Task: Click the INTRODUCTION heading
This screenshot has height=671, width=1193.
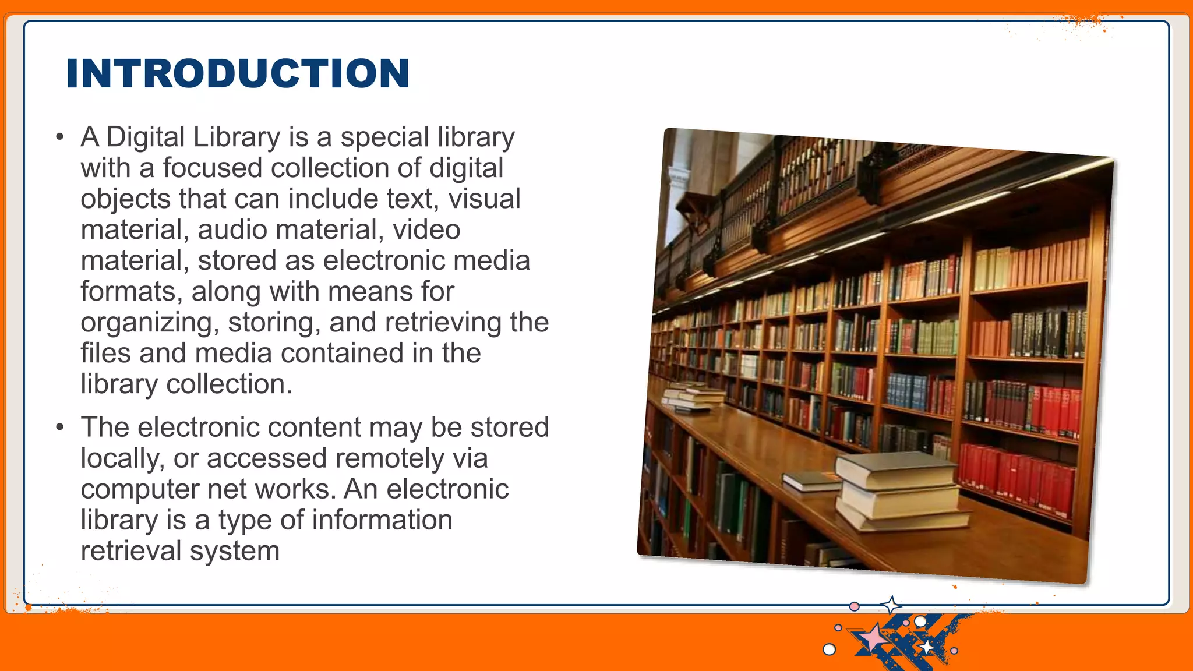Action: (x=238, y=73)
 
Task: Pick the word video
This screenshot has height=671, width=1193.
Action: (x=426, y=230)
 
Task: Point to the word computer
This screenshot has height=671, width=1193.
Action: (x=139, y=490)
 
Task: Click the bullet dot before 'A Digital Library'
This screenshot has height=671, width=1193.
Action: (x=59, y=138)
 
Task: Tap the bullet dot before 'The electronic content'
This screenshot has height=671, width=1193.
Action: (x=59, y=428)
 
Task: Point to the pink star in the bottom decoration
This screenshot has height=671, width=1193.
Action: (x=873, y=637)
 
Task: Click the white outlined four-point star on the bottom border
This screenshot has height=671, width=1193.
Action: (x=891, y=605)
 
